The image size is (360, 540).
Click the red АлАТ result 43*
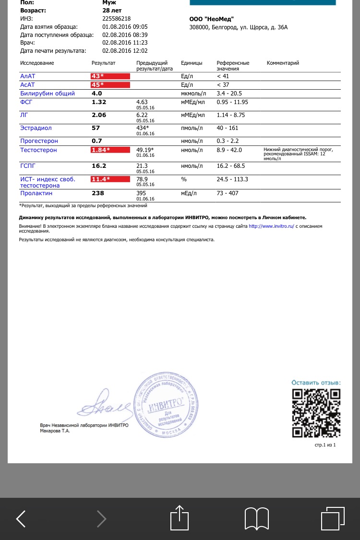(x=110, y=76)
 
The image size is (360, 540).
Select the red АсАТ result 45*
(x=110, y=85)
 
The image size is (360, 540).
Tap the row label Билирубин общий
(x=48, y=94)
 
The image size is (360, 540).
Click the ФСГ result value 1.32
(x=99, y=102)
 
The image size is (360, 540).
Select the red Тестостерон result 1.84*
(x=110, y=150)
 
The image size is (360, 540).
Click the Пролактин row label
(x=36, y=193)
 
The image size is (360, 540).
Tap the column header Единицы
(x=192, y=63)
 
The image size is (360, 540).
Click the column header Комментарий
(x=283, y=63)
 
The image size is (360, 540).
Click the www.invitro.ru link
(x=271, y=226)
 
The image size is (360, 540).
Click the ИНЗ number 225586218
(x=117, y=18)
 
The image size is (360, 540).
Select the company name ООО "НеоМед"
(x=212, y=19)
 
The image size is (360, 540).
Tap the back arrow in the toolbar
(x=21, y=518)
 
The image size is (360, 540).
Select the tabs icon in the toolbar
(x=333, y=518)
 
